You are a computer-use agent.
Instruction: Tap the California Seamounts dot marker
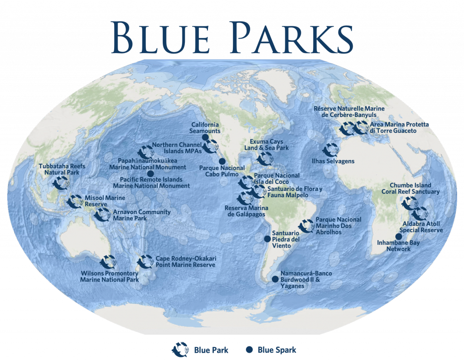205,137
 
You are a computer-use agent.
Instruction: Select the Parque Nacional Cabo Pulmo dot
222,161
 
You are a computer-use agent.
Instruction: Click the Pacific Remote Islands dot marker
150,173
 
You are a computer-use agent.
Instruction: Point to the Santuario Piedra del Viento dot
267,239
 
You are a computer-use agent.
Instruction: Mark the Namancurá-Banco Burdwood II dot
275,279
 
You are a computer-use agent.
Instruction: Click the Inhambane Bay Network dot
398,236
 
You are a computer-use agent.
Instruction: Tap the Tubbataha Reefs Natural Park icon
59,184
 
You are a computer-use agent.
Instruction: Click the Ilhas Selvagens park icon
329,150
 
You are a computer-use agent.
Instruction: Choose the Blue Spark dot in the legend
249,350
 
